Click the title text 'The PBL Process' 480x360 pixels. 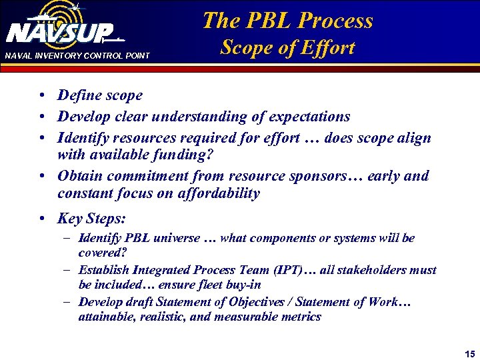(x=287, y=20)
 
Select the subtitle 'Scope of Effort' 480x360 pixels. (x=287, y=48)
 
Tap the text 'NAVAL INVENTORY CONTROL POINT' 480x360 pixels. (x=77, y=55)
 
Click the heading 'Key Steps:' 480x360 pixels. (x=91, y=219)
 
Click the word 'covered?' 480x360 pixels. (x=102, y=253)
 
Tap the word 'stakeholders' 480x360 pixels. (x=379, y=270)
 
